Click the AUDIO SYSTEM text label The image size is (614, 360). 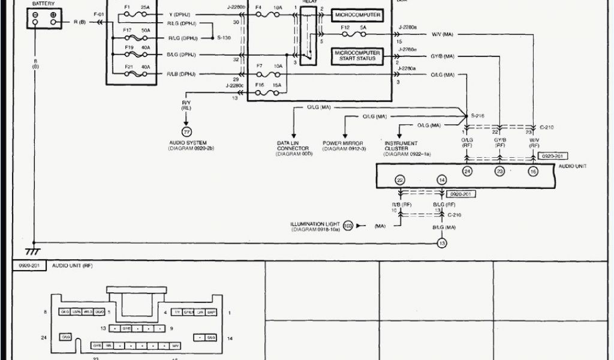tap(188, 143)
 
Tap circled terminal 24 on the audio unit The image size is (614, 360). tap(467, 171)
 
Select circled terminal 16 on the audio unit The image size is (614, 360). tap(532, 171)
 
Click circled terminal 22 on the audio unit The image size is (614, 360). tap(400, 180)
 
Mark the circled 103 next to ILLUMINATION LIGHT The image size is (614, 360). tap(348, 226)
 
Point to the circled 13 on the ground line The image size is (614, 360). tap(442, 243)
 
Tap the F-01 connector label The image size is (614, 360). tap(98, 13)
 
